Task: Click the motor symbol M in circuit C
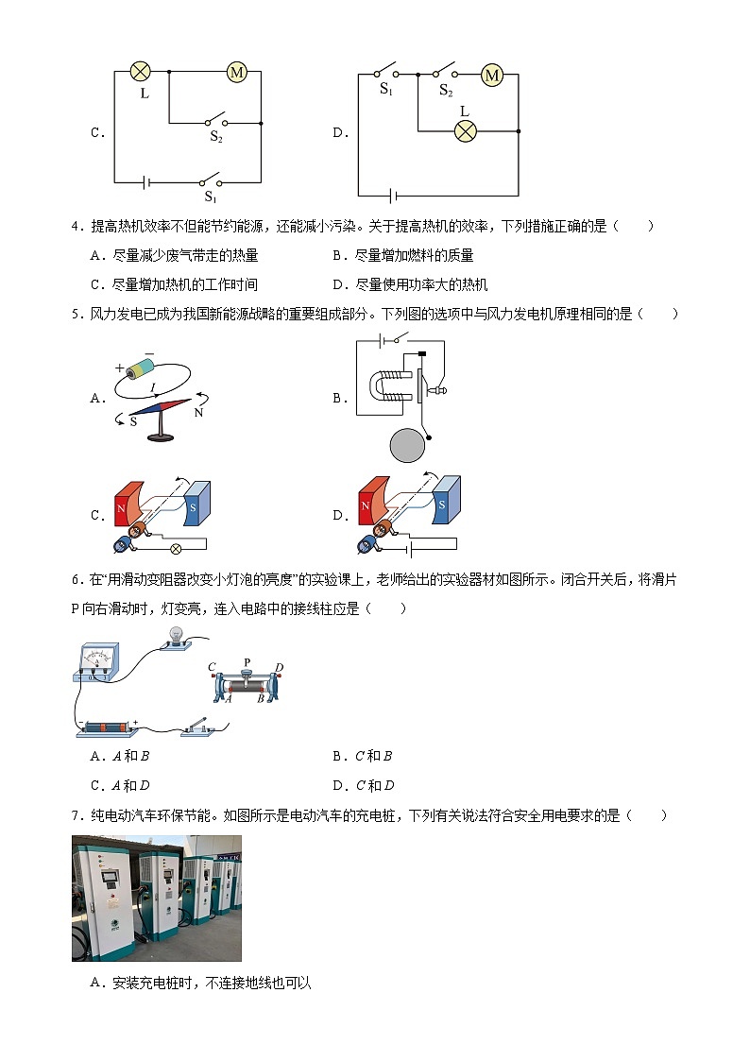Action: point(236,71)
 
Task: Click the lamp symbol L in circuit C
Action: point(141,71)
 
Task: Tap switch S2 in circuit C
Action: point(216,122)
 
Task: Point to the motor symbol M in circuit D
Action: point(492,76)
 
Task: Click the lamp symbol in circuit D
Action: point(464,130)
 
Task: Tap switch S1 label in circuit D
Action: point(386,89)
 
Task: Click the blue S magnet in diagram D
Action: point(445,500)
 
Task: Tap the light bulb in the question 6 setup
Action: point(175,635)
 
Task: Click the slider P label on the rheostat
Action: point(247,662)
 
